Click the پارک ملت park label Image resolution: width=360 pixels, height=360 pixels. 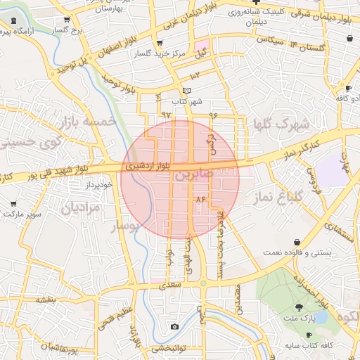[x=299, y=319]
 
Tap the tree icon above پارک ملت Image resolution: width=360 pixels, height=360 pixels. [x=300, y=307]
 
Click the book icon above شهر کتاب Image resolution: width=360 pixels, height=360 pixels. [x=186, y=91]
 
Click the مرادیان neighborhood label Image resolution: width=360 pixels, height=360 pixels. [x=80, y=208]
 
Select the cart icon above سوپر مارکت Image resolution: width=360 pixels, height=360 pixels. [x=13, y=203]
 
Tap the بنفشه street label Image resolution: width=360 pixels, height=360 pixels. [x=46, y=300]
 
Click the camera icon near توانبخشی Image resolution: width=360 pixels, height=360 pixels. [x=174, y=327]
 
